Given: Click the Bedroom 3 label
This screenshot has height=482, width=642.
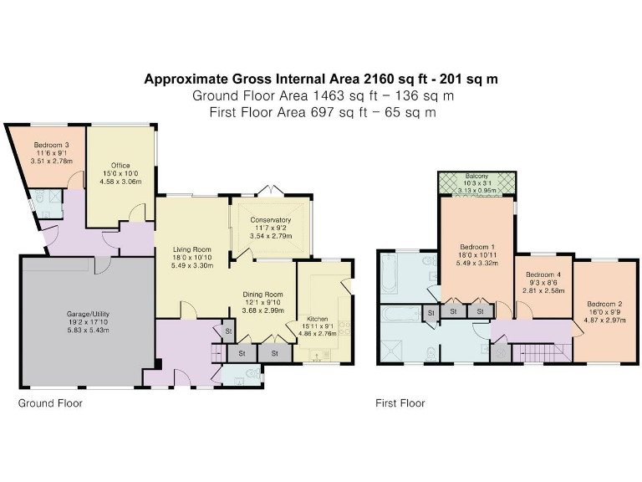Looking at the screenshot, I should point(51,145).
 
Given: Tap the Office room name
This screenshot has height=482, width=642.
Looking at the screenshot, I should point(120,166).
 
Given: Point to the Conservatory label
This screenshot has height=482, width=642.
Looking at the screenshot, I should point(270,220).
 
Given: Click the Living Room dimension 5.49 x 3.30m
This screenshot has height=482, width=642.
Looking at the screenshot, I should point(192,265).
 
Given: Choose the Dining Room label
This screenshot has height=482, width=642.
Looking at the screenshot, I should point(262,295).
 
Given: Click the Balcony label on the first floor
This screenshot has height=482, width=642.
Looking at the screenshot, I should point(476,177).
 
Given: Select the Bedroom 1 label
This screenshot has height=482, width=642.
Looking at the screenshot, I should point(476,246).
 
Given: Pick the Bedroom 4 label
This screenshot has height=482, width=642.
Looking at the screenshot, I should point(543,274).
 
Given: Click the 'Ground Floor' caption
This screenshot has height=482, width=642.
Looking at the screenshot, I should point(50,403).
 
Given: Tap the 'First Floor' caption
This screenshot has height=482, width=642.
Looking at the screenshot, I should point(400,403).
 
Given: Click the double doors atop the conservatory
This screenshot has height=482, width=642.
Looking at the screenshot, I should point(269,190).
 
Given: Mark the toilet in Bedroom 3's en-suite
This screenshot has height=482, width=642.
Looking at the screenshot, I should point(34,200).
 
